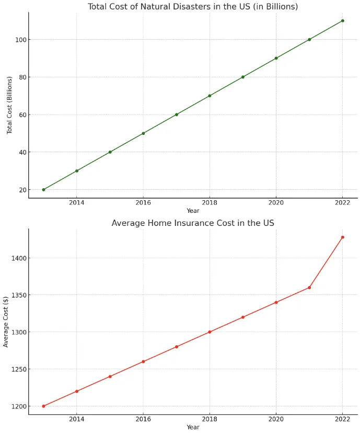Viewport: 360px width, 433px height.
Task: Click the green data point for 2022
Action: [x=342, y=21]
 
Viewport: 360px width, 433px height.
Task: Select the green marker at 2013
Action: [x=43, y=190]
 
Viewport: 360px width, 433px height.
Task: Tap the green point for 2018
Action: [x=210, y=96]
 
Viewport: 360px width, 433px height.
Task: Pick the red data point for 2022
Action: [x=342, y=237]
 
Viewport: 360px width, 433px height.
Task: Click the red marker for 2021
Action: [x=309, y=288]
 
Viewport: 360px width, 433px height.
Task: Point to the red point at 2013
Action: [x=43, y=406]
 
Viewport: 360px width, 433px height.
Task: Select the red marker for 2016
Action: [x=143, y=361]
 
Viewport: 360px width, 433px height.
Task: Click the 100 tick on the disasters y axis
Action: [x=21, y=40]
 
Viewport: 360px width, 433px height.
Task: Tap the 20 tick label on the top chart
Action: [x=22, y=190]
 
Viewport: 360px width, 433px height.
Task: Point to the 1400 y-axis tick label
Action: [x=19, y=258]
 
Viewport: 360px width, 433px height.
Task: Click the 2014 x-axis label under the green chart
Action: [x=77, y=203]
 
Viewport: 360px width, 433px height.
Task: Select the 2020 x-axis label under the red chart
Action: [x=276, y=419]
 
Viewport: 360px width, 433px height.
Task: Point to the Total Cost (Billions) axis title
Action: [x=9, y=105]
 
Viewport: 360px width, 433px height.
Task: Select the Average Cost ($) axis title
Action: [x=6, y=322]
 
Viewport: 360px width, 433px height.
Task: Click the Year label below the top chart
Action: [x=193, y=211]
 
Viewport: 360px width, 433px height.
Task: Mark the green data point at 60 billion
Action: [x=177, y=115]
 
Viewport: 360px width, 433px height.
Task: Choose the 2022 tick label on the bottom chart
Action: [x=342, y=419]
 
